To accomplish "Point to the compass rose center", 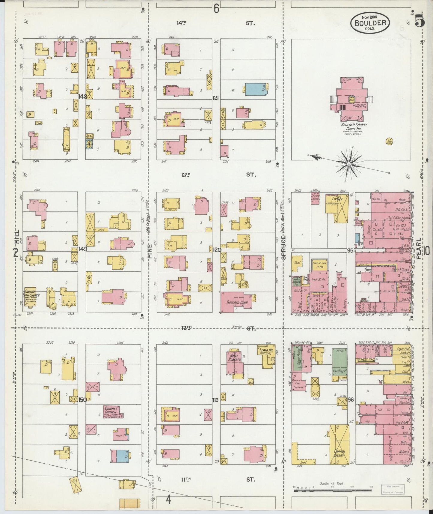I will click(x=349, y=164).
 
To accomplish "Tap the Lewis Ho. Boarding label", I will click(x=265, y=351).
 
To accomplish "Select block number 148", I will click(x=82, y=97).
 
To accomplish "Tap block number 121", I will click(x=216, y=98).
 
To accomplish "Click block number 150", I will click(x=82, y=399).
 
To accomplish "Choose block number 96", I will click(x=351, y=399).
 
